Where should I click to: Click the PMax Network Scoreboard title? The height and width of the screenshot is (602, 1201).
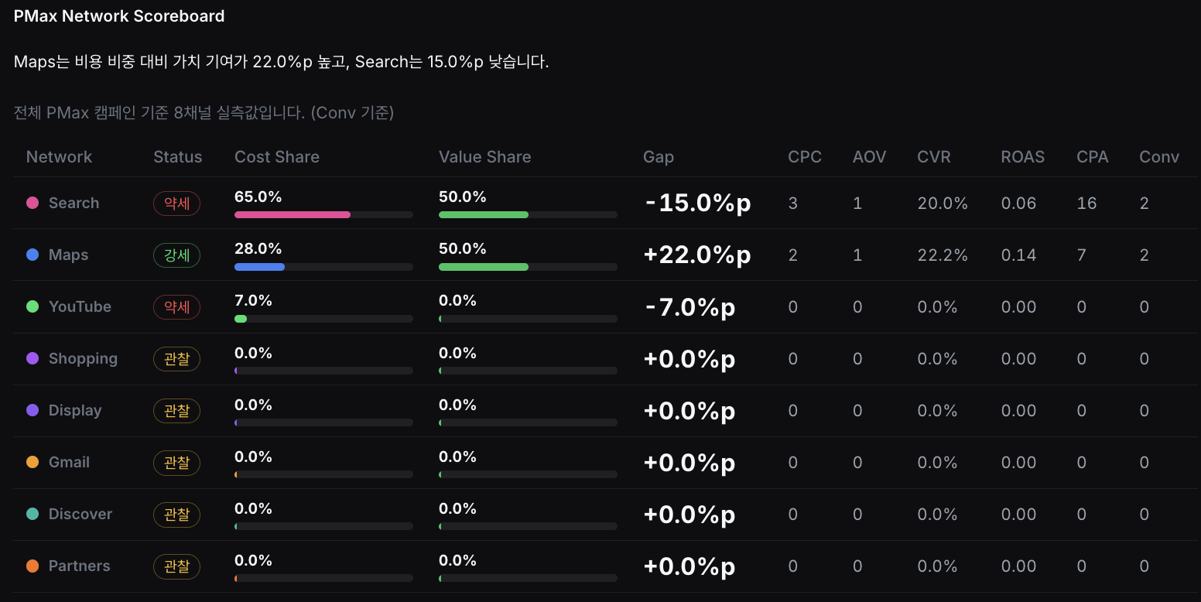click(119, 16)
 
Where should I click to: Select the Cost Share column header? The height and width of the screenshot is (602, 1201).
click(277, 156)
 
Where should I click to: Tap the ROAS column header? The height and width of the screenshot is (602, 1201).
click(1022, 156)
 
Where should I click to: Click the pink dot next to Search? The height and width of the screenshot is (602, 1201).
click(33, 203)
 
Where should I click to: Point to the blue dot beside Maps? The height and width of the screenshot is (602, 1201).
click(33, 255)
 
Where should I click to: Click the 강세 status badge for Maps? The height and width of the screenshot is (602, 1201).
click(177, 255)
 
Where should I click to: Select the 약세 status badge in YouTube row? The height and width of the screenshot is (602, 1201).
click(177, 307)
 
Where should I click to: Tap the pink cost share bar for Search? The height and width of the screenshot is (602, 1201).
click(293, 215)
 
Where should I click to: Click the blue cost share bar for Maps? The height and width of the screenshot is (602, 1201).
click(259, 267)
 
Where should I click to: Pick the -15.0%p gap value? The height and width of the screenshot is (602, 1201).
click(698, 203)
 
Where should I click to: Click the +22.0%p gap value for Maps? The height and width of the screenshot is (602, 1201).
click(697, 255)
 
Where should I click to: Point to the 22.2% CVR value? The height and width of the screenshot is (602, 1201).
click(942, 255)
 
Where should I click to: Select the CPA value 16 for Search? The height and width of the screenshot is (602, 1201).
click(1086, 204)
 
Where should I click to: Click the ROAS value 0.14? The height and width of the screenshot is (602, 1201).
click(1018, 255)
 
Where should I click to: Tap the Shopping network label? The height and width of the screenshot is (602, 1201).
click(83, 358)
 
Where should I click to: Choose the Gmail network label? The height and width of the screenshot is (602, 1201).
click(69, 462)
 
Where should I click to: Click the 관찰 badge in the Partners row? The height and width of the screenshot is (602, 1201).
click(177, 566)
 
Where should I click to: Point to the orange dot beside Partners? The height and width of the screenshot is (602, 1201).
click(33, 566)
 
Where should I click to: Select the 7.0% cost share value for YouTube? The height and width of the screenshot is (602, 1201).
click(253, 300)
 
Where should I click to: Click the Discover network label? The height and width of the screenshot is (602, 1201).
click(80, 514)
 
